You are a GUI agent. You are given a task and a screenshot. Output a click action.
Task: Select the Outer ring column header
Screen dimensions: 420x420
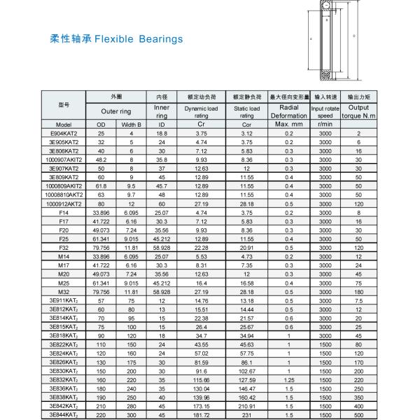click(115, 111)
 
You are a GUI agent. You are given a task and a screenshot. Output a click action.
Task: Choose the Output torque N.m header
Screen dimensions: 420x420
click(358, 111)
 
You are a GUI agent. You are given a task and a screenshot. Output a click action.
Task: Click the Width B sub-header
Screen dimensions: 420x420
click(131, 124)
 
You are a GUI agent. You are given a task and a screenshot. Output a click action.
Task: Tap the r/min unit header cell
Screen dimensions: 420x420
click(324, 124)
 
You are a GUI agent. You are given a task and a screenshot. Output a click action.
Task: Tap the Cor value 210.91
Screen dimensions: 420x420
click(247, 406)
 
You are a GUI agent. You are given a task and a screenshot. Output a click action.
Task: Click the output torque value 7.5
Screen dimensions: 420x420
click(358, 300)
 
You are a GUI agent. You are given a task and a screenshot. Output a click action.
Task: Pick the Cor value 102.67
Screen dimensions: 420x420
click(247, 371)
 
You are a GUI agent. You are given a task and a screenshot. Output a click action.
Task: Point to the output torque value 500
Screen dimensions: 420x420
click(358, 415)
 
